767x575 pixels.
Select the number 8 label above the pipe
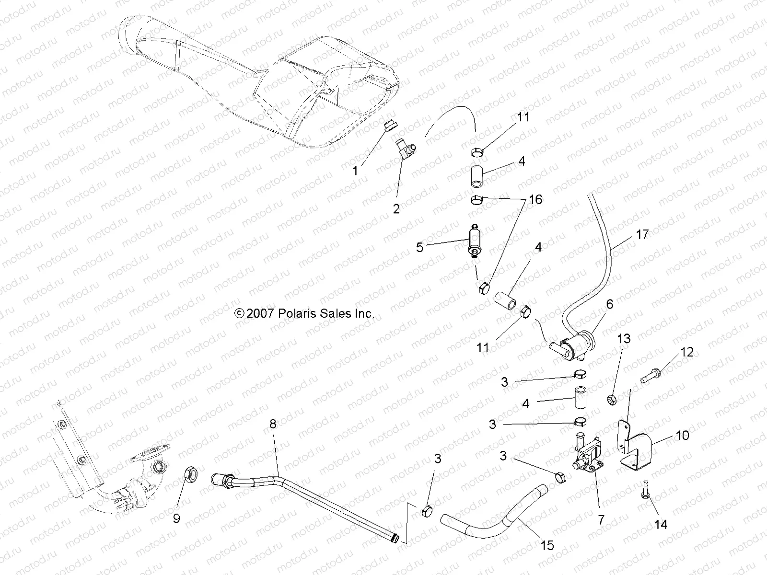click(273, 424)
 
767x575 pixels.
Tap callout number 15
click(547, 545)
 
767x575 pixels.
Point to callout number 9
click(176, 518)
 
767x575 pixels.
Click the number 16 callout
click(535, 199)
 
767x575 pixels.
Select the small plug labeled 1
click(390, 139)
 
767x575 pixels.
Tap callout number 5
click(420, 248)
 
